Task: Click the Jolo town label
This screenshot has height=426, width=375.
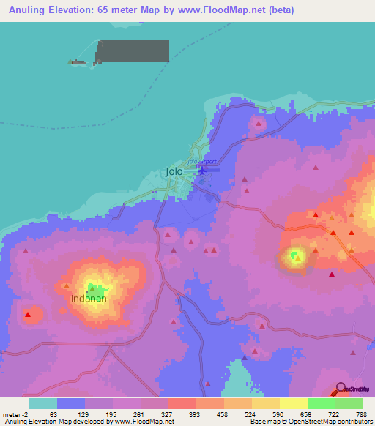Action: (174, 172)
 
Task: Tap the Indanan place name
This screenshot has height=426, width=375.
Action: (89, 299)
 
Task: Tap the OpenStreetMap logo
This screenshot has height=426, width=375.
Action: (353, 389)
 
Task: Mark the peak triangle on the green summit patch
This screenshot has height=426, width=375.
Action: (297, 257)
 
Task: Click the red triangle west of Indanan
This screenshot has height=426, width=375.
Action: (28, 315)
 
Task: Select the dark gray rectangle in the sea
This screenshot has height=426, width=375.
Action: (133, 51)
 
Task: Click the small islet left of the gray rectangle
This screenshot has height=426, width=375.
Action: (78, 61)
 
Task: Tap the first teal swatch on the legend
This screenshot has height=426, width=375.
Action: (42, 403)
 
